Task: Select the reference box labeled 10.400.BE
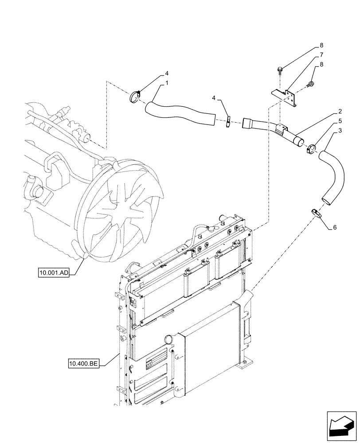84,364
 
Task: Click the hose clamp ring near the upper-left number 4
135,97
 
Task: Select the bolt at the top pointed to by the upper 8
280,70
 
